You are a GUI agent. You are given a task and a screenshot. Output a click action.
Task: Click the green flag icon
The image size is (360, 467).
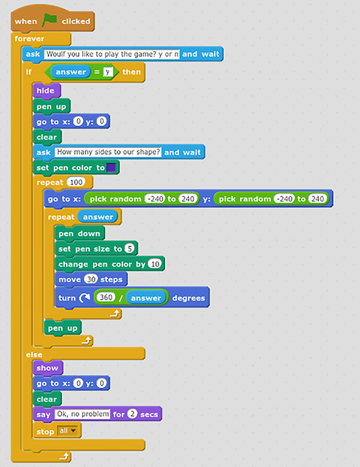49,20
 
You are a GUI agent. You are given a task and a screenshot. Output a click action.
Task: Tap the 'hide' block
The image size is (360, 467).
46,90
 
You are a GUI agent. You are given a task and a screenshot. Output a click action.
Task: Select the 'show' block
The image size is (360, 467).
48,368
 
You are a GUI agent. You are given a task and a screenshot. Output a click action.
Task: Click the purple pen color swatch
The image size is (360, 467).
111,168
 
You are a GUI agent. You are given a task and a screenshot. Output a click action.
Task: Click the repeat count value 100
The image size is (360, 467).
76,182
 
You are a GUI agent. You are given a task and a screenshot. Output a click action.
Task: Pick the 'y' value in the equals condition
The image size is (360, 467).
108,72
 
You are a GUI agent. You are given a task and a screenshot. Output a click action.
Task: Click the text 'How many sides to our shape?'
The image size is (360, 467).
108,152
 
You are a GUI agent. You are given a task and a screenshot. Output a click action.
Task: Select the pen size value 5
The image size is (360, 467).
130,248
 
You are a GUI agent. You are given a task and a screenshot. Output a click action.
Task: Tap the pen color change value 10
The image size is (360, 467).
155,264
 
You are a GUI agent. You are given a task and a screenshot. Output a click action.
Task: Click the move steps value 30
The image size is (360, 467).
91,279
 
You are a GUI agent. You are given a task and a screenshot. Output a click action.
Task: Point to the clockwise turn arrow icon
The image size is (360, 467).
85,297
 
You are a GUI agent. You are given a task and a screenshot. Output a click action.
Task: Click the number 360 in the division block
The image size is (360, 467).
106,297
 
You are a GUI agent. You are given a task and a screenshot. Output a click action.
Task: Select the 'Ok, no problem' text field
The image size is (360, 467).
82,414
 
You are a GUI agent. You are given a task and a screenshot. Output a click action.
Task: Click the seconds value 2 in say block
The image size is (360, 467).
132,414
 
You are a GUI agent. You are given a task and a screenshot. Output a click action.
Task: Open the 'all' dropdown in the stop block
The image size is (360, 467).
68,431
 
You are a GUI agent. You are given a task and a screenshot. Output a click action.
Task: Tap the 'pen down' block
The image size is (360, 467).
79,233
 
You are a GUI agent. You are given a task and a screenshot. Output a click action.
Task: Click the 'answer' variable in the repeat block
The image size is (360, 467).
98,217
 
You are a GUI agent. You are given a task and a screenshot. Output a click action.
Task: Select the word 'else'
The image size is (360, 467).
34,355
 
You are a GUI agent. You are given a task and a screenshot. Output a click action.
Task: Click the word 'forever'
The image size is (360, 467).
29,39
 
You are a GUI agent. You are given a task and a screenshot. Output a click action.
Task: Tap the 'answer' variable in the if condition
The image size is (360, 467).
71,72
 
